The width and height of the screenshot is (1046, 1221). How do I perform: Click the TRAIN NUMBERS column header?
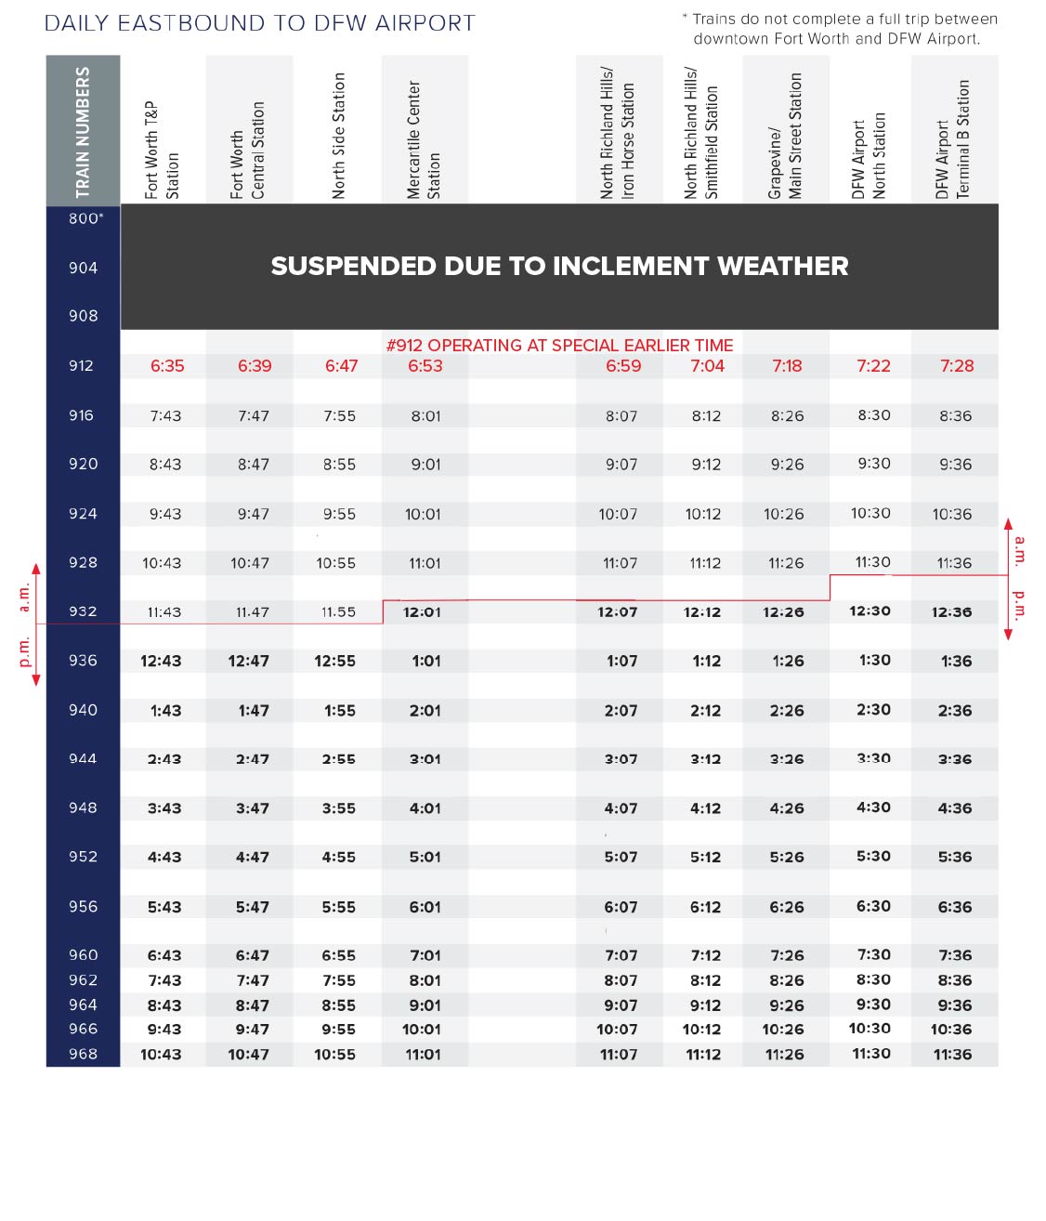(83, 131)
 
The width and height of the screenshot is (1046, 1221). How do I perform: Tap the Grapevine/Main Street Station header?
(785, 136)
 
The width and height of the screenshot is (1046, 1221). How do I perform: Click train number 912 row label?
(82, 366)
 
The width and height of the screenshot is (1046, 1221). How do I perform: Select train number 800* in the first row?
(85, 218)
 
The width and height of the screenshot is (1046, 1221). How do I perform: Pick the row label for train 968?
(83, 1054)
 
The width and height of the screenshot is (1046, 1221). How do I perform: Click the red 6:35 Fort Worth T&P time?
(167, 366)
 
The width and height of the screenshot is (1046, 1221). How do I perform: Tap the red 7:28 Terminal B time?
(957, 366)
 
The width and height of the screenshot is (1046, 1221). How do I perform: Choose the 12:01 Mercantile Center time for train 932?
(422, 612)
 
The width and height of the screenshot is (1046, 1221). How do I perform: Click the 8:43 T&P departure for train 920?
(165, 465)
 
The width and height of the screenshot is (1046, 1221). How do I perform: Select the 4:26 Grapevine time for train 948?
(787, 808)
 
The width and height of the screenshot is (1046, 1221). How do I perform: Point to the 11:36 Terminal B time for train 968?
(952, 1055)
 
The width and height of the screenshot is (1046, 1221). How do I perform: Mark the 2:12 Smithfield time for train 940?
(706, 711)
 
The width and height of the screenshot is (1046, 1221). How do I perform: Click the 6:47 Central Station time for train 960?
(253, 955)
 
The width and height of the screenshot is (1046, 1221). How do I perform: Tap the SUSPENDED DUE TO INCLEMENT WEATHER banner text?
(559, 267)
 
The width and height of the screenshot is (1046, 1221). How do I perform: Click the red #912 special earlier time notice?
(559, 346)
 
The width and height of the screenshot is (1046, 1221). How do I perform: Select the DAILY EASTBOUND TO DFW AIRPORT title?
(260, 23)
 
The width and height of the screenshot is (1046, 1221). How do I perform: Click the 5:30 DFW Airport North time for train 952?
(873, 857)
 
